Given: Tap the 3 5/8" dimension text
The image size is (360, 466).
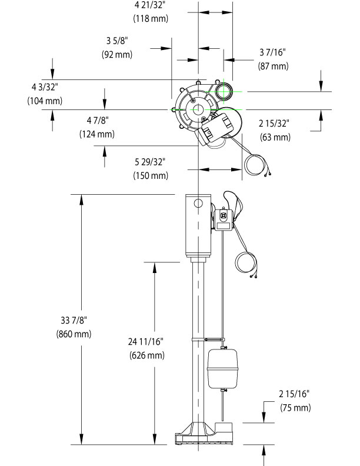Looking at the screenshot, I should (x=116, y=42).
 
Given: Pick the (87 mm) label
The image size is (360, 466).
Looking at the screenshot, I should (x=274, y=66).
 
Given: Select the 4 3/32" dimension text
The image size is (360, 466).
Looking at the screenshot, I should (x=45, y=88).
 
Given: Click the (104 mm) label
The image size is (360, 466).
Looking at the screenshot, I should (x=45, y=101).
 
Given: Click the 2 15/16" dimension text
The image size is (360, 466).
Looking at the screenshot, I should (x=295, y=394).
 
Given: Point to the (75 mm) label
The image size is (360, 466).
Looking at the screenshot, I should (x=295, y=407).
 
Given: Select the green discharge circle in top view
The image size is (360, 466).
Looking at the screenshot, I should (x=223, y=91).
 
